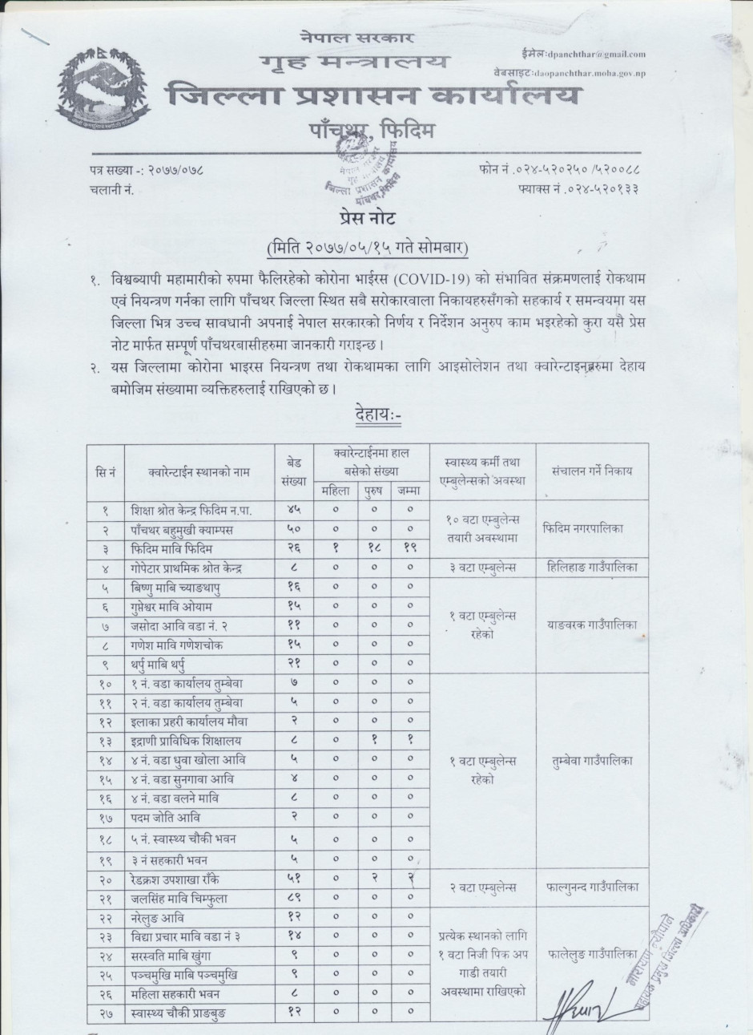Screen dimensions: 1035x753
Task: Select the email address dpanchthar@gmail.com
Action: (x=596, y=55)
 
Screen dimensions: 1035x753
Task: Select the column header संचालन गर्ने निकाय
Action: (x=590, y=471)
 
